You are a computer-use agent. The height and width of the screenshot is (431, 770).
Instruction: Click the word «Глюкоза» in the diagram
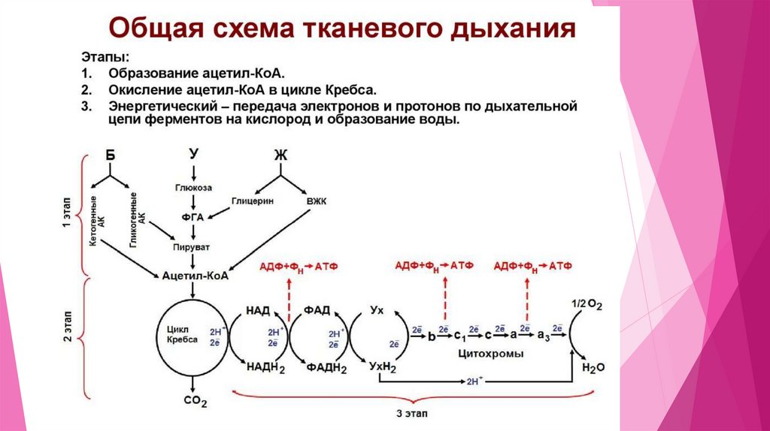[x=194, y=188]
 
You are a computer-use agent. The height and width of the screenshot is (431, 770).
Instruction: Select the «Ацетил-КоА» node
[x=195, y=276]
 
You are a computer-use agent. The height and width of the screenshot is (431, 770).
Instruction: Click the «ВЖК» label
[x=316, y=201]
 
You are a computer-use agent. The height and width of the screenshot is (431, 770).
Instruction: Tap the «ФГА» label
[x=194, y=217]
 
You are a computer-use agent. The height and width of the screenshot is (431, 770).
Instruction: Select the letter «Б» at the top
[x=111, y=155]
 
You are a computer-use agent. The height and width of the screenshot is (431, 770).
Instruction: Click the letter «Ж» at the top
[x=281, y=155]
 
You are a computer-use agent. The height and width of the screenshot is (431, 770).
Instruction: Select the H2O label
[x=593, y=367]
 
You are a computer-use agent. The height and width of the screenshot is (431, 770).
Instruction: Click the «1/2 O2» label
[x=587, y=304]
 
